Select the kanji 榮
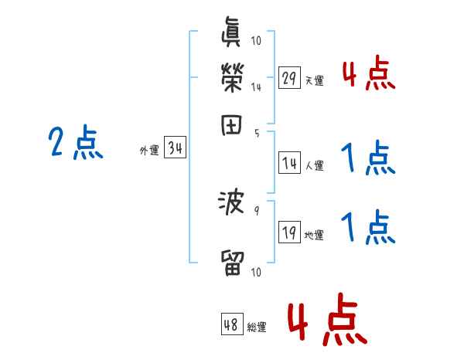232,78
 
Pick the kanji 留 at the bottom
232,263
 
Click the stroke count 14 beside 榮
256,87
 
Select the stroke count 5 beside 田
257,132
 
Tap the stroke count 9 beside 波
256,208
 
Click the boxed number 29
289,78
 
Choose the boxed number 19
289,232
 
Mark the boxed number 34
176,148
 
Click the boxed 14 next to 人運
289,163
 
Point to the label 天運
314,80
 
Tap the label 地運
314,235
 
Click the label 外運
148,151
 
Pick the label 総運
257,327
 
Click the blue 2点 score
75,142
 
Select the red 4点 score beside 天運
368,75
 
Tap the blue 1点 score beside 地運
368,228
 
